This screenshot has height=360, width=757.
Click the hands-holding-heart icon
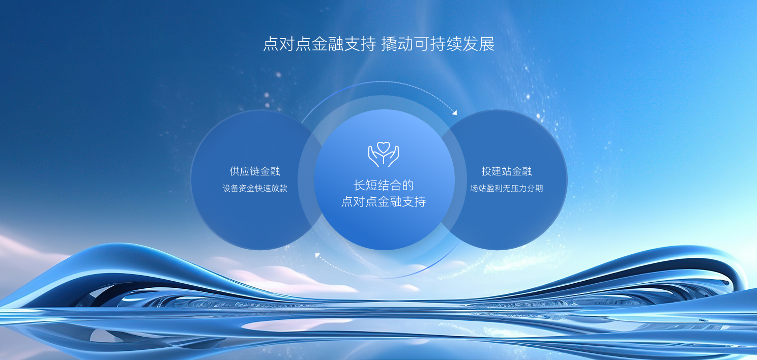[x=384, y=155]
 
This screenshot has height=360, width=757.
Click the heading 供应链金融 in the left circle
[x=255, y=171]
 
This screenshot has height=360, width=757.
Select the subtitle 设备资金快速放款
[x=255, y=188]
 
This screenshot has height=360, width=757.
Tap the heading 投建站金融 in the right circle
[x=507, y=171]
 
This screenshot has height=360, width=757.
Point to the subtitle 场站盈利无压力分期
[x=507, y=188]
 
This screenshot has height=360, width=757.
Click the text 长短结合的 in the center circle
[x=384, y=185]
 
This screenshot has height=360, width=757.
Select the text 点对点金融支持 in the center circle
[x=384, y=201]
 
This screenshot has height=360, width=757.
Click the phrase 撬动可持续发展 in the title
[x=438, y=44]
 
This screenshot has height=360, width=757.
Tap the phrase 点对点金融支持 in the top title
[x=319, y=44]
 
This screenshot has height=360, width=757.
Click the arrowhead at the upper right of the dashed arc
[x=454, y=112]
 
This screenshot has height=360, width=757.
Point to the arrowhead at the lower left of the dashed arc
[x=317, y=256]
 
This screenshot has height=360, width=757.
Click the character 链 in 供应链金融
[x=255, y=171]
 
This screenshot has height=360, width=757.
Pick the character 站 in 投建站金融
[x=507, y=171]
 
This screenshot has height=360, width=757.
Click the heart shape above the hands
[x=384, y=147]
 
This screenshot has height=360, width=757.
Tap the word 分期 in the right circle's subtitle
[x=535, y=188]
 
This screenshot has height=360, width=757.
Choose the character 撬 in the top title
[x=389, y=44]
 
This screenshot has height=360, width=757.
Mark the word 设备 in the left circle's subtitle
[x=230, y=188]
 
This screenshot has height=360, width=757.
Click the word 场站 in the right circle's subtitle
[x=478, y=188]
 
